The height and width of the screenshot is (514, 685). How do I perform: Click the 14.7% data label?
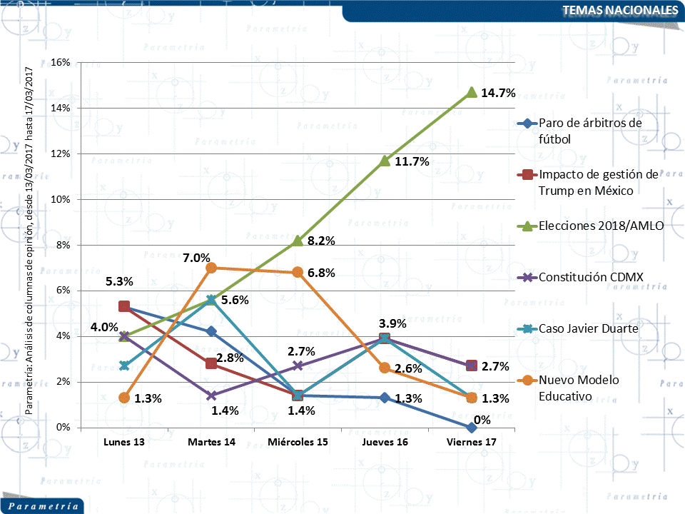pos(498,92)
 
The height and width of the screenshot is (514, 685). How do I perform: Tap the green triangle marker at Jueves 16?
pos(385,161)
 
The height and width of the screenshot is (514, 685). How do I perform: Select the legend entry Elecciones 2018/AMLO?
pos(602,226)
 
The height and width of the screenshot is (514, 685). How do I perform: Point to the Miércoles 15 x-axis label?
pos(298,443)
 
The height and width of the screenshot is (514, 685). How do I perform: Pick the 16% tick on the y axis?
pos(61,63)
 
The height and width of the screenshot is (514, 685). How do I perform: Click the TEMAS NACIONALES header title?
pos(619,10)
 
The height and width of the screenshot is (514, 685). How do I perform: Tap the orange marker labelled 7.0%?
pos(211,268)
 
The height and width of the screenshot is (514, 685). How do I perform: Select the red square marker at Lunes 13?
pos(124,306)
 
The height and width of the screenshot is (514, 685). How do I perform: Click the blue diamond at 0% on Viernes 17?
pos(471,427)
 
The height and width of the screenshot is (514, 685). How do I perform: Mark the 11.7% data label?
pos(412,161)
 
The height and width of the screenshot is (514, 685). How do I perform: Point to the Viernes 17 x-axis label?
pos(471,443)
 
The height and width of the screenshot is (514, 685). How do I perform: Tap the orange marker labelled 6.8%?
pos(298,272)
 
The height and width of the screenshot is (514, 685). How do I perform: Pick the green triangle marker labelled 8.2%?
pos(298,241)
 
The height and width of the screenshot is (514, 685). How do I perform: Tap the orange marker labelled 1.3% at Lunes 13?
pos(124,398)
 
